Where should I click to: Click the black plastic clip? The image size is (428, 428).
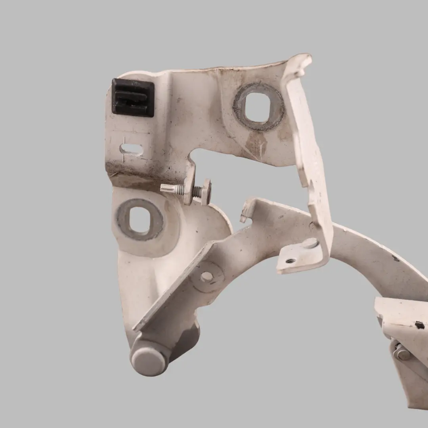[x=133, y=97]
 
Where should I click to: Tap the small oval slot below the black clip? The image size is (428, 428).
[x=132, y=149]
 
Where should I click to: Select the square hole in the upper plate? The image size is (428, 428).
[x=258, y=107]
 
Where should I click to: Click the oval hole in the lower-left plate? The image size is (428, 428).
[x=139, y=220]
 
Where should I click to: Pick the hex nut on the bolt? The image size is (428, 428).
[x=206, y=191]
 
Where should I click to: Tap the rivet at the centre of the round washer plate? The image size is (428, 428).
[x=206, y=277]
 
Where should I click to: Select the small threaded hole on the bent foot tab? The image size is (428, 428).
[x=291, y=260]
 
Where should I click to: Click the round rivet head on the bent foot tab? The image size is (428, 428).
[x=310, y=243]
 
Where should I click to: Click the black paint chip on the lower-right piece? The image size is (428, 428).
[x=420, y=325]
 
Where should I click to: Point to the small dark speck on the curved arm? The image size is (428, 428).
[x=396, y=258]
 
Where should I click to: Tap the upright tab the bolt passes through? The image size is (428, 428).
[x=189, y=186]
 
